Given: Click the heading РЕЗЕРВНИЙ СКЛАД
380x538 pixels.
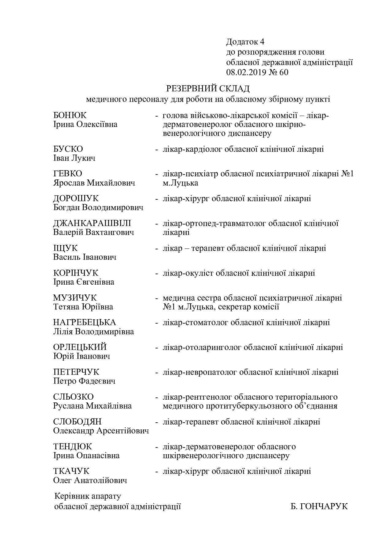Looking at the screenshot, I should [208, 89].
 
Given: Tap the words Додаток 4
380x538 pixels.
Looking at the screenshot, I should [245, 42].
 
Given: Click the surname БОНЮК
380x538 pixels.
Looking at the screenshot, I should [70, 115].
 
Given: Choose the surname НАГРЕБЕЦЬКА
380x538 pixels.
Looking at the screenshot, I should [85, 322].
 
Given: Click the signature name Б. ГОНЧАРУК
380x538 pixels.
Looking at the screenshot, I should [319, 506].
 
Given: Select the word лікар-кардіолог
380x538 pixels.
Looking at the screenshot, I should [192, 149].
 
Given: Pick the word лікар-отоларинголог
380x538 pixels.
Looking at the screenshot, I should [202, 347].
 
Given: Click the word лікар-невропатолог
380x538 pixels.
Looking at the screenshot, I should [200, 372].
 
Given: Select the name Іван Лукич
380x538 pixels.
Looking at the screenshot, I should [74, 158].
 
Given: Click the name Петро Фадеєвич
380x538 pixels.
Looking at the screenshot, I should [84, 381].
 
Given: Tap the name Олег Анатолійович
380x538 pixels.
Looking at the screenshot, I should [90, 480].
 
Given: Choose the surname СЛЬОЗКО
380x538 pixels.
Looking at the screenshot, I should [74, 397].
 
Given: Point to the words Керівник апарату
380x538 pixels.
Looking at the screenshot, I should [88, 496].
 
